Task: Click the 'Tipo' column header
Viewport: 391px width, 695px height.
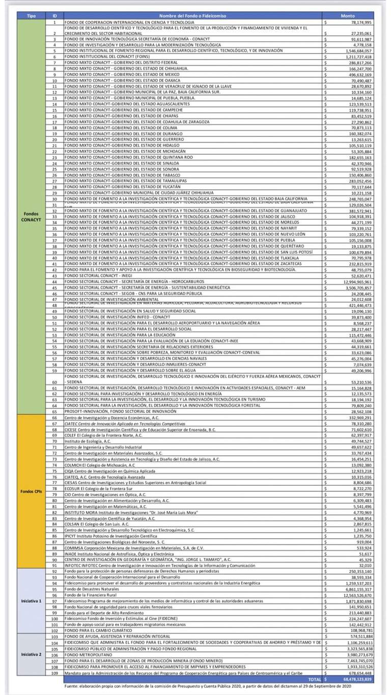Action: [x=32, y=16]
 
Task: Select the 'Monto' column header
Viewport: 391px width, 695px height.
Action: [x=348, y=16]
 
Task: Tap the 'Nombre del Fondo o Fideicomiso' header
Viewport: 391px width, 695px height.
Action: [x=193, y=16]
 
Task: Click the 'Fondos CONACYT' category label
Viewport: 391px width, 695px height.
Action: [x=32, y=216]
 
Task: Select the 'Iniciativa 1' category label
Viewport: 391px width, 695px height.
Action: [x=32, y=601]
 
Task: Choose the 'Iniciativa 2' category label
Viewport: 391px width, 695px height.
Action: [x=32, y=654]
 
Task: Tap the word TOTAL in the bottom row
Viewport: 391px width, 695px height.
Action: [x=315, y=679]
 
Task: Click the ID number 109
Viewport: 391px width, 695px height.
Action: [x=54, y=673]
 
